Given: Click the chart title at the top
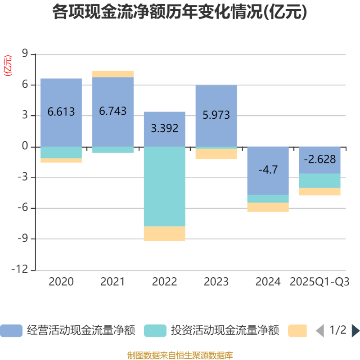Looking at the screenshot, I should (x=180, y=12).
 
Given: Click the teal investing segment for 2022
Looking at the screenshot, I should (x=165, y=186).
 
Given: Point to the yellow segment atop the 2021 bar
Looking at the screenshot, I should (x=113, y=74).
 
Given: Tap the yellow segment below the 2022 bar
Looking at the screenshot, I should (x=165, y=234).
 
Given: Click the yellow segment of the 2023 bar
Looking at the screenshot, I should (x=216, y=154).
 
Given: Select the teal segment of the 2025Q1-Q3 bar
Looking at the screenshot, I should (x=320, y=180).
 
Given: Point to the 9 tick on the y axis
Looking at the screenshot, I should (x=25, y=54).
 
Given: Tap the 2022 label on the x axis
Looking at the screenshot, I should (x=165, y=282).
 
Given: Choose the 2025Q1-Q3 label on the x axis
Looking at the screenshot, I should (x=320, y=282).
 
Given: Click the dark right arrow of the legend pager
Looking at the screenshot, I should (x=355, y=331).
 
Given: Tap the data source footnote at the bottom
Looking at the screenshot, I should (x=180, y=355).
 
